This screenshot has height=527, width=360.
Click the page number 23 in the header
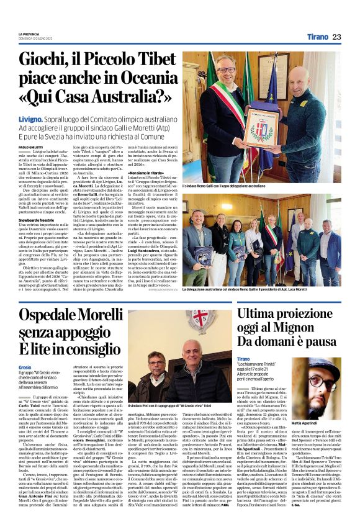click(x=336, y=37)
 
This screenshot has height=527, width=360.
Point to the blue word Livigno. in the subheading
click(x=31, y=117)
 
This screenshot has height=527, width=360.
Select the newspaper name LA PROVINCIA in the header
click(x=30, y=34)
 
